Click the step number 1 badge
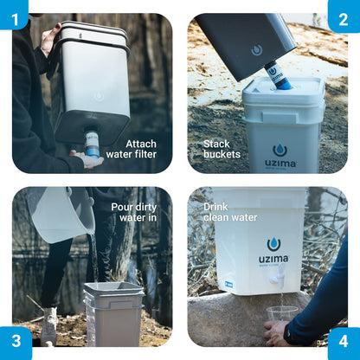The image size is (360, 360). click(13, 13)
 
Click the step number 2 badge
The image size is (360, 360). click(345, 13)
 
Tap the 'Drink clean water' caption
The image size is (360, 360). click(228, 213)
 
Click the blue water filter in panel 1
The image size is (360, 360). click(92, 143)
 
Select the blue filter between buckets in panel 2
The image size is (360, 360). click(280, 76)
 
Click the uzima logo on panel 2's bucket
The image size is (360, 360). click(280, 154)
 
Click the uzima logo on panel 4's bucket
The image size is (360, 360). click(273, 250)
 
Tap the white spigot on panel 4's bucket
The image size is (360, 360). click(279, 280)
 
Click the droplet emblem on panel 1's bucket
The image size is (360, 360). click(98, 96)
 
